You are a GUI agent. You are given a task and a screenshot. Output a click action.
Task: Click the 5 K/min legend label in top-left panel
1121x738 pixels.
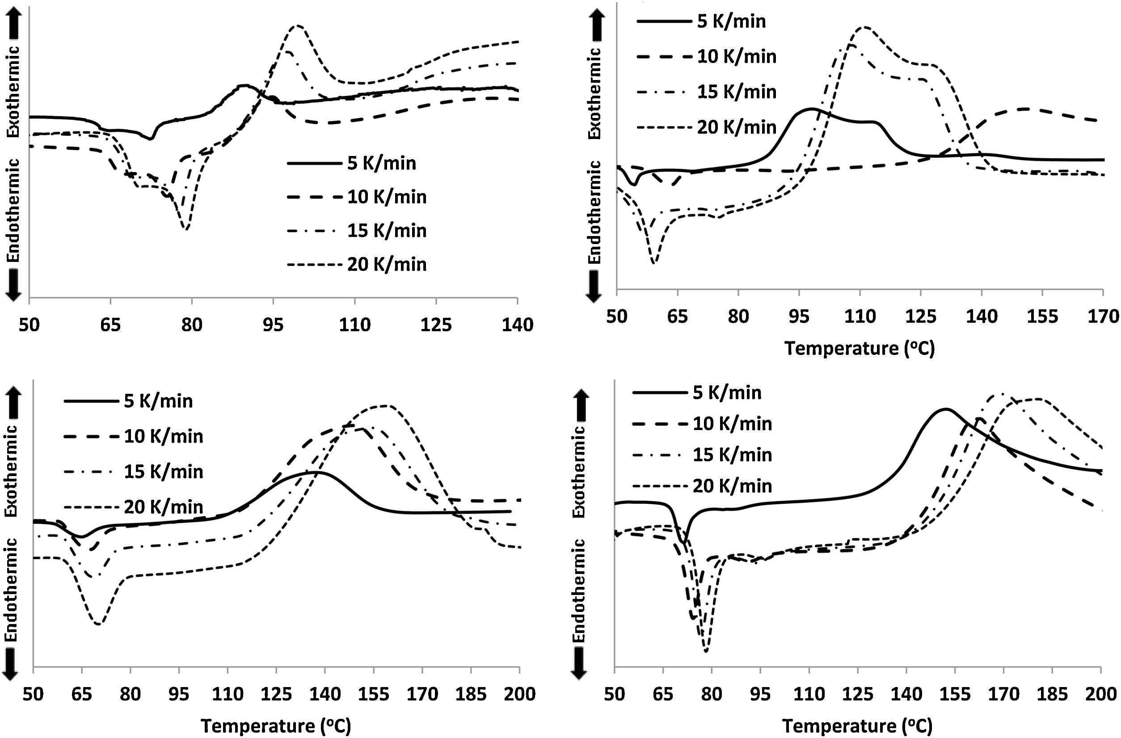click(382, 164)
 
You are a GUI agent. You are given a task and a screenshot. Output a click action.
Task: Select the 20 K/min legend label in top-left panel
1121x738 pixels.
click(387, 265)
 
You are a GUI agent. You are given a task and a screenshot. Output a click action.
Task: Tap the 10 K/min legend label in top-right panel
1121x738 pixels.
click(737, 56)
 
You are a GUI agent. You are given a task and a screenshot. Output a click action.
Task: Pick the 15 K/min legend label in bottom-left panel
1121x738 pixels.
click(164, 472)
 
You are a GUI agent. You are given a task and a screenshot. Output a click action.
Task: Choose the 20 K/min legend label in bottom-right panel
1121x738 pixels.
click(733, 485)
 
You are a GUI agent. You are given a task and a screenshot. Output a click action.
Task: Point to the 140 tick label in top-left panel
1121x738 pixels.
click(517, 325)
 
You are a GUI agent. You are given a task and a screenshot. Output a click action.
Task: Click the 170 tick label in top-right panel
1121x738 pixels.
click(1103, 316)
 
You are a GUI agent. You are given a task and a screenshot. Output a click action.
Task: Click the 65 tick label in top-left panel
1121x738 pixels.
click(110, 325)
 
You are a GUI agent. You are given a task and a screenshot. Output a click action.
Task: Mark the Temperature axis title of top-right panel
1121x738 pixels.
click(859, 349)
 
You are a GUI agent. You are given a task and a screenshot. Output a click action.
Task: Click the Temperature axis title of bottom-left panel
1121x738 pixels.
click(276, 726)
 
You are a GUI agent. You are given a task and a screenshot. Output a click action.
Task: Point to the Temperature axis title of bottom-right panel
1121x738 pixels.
click(857, 726)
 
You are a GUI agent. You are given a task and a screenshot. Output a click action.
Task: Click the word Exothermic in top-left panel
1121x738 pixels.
click(14, 91)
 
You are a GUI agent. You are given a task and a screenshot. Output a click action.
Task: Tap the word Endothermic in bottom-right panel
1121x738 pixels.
click(579, 590)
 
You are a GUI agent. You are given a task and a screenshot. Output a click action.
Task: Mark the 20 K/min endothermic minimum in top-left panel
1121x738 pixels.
click(186, 229)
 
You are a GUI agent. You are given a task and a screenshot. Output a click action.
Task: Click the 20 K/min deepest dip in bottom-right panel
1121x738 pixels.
click(706, 651)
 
